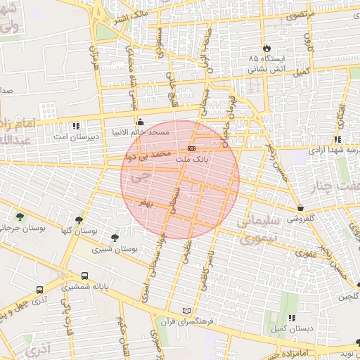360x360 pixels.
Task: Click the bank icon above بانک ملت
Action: pos(191,148)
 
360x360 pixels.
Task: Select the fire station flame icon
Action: pos(266,47)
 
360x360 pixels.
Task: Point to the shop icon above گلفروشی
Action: pos(301,208)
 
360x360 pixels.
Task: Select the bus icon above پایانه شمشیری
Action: pos(85,276)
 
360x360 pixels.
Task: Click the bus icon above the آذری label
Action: pos(39,289)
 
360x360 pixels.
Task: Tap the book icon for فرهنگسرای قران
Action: pos(186,311)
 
